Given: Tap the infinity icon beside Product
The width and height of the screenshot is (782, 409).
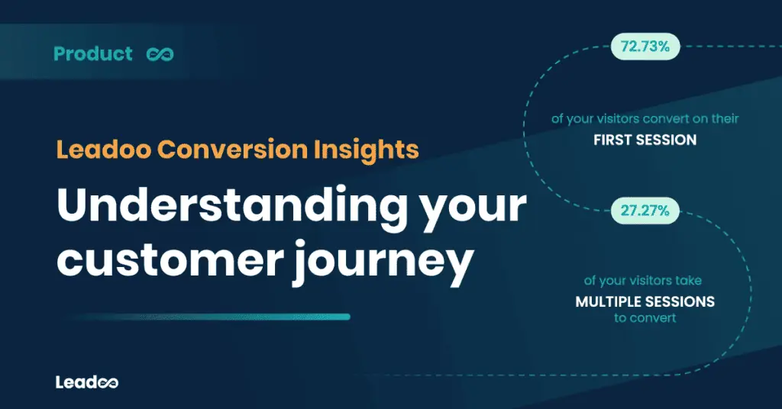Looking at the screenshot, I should [160, 54].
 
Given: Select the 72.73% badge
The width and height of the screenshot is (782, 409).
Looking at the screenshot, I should [645, 47].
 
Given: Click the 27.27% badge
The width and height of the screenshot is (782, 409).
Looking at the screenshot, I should [645, 211].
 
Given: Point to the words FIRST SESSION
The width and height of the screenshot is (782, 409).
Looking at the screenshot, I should [645, 140].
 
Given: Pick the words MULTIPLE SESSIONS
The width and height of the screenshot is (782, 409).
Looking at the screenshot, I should [645, 301].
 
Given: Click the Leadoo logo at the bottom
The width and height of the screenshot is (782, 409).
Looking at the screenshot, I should [86, 382].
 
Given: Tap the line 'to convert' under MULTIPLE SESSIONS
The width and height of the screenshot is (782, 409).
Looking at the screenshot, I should [645, 318].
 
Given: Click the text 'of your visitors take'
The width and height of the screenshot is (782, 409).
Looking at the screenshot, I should [645, 282].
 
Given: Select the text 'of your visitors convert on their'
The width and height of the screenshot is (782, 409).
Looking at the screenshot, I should [645, 120].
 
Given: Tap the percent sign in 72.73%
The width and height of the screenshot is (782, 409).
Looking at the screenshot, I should [664, 47].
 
